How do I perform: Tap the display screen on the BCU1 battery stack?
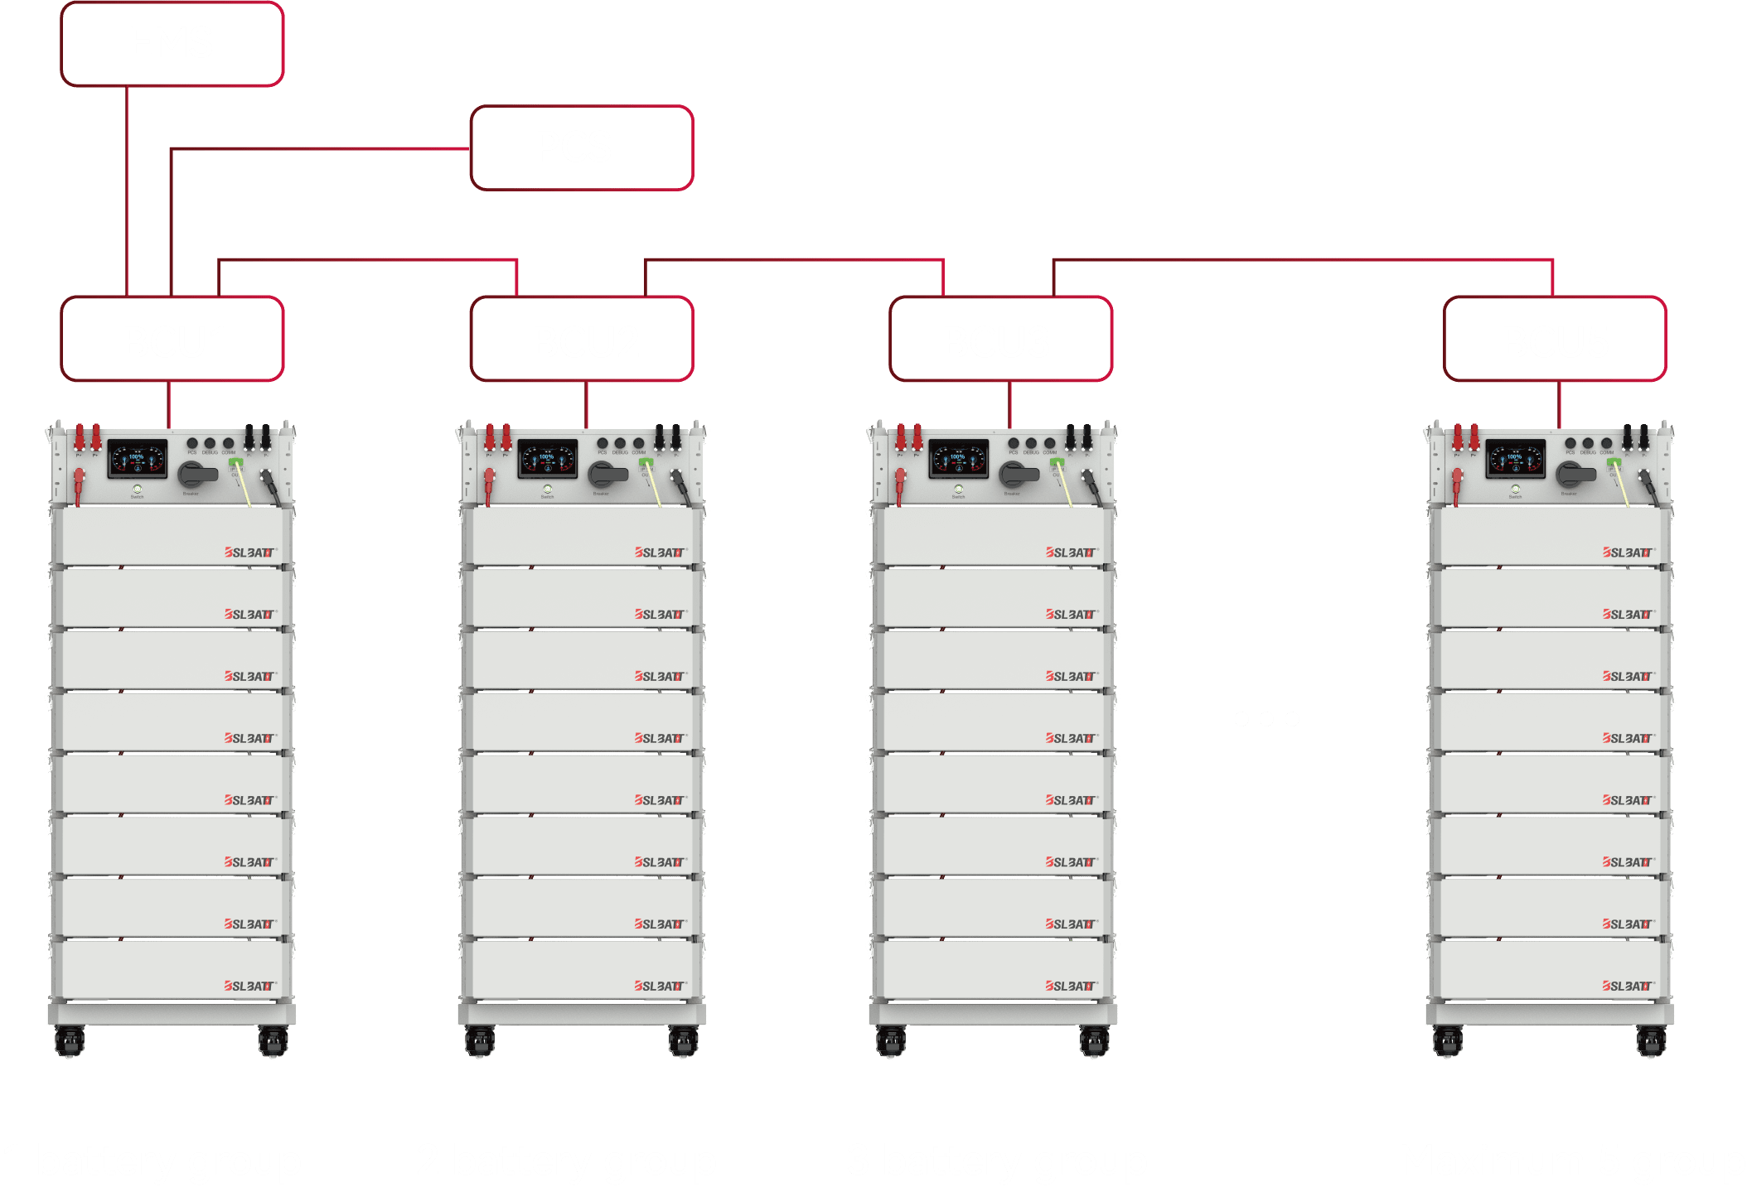pos(137,459)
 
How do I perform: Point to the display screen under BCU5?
pos(1515,459)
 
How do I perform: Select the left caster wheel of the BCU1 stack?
pos(70,1041)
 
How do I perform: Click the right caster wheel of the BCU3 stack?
pos(1094,1041)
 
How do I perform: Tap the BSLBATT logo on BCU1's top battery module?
pos(249,552)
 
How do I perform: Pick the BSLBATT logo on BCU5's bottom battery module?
pos(1628,986)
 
